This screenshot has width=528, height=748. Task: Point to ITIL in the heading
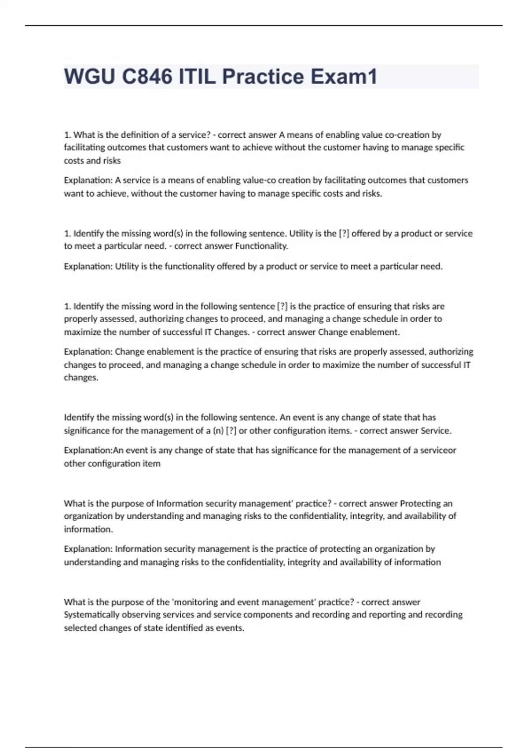coord(197,77)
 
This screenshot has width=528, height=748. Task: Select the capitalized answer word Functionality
coord(261,246)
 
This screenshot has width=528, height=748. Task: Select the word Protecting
coord(420,503)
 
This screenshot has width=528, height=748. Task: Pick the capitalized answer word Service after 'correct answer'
coord(436,431)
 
